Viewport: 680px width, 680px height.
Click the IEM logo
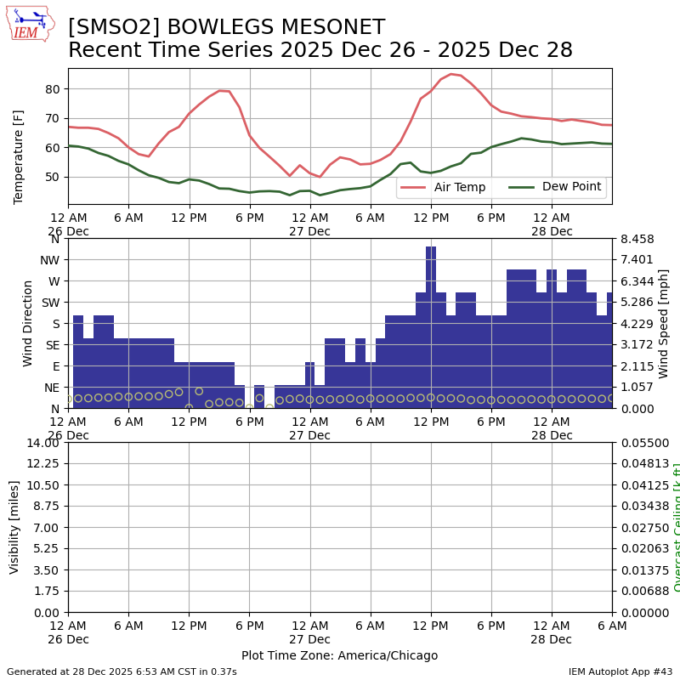click(30, 24)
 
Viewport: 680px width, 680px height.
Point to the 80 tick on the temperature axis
click(52, 89)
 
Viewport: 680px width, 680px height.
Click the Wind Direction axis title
click(28, 323)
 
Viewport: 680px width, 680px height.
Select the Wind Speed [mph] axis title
click(664, 323)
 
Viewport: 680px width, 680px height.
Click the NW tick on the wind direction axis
click(49, 260)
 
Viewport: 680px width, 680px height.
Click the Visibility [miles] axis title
click(14, 527)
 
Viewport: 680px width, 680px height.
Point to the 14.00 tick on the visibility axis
click(43, 443)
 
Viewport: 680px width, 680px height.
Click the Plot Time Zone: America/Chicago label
click(339, 655)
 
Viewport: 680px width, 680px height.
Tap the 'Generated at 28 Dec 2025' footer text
click(122, 671)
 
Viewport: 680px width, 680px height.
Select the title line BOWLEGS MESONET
click(226, 27)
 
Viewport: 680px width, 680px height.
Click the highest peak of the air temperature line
click(450, 74)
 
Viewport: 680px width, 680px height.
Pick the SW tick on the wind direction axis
click(50, 303)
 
